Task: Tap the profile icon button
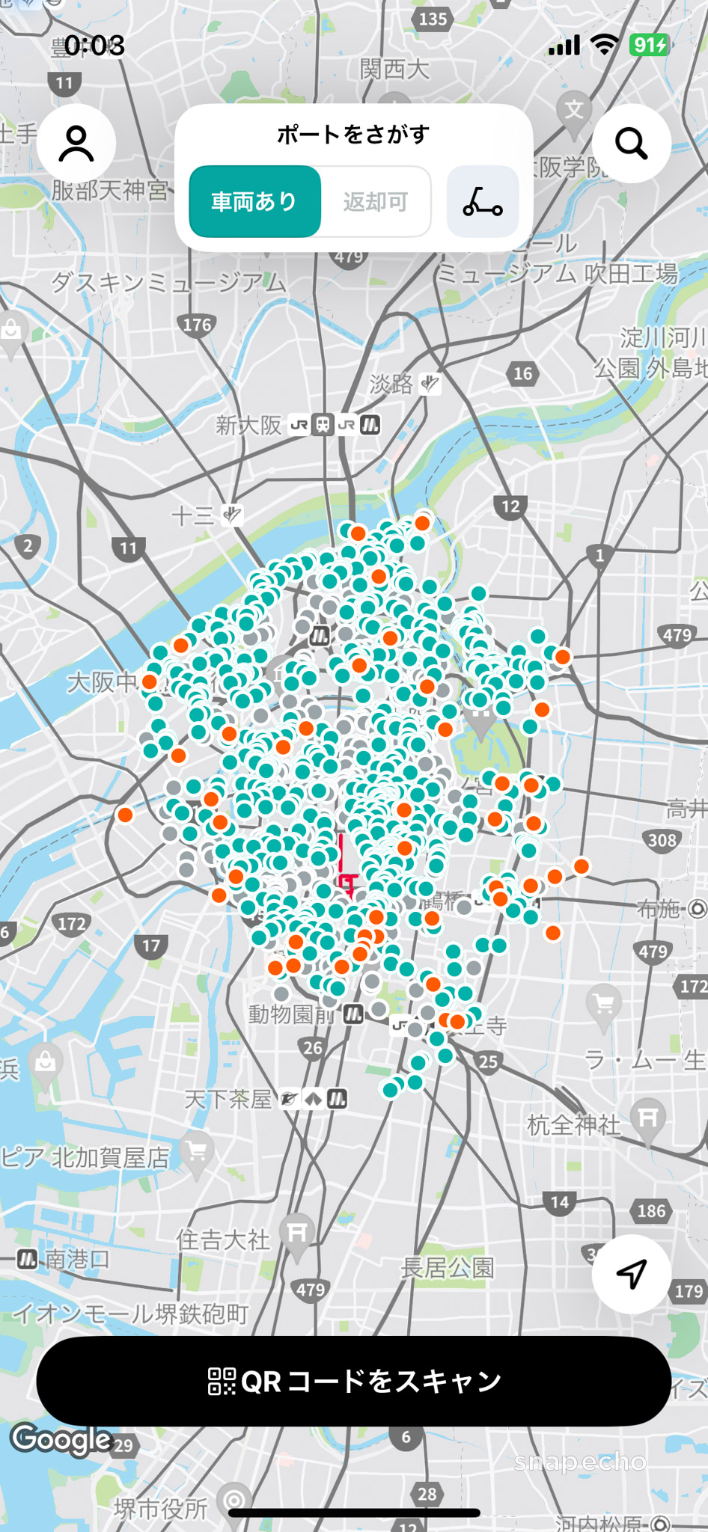click(76, 144)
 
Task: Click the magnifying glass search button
click(631, 144)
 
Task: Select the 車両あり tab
click(254, 201)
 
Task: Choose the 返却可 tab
click(376, 201)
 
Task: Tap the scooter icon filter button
click(483, 201)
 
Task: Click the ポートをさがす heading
click(353, 135)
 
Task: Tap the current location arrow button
click(631, 1273)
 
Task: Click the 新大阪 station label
click(248, 426)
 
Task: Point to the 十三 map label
click(192, 515)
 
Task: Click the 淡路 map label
click(391, 384)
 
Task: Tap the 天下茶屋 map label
click(228, 1099)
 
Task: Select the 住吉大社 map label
click(222, 1240)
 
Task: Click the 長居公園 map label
click(448, 1267)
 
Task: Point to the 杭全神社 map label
click(574, 1124)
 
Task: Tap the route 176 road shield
click(197, 325)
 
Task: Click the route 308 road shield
click(662, 840)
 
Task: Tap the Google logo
click(61, 1438)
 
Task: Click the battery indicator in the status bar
click(648, 46)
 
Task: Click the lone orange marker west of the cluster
click(125, 815)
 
